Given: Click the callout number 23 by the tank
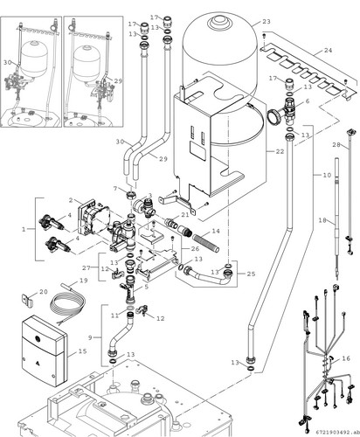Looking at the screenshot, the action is [x=267, y=22].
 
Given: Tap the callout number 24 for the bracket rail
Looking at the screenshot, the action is [x=328, y=51].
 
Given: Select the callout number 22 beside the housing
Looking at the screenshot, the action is [x=280, y=151].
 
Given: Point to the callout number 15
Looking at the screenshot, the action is [x=82, y=351].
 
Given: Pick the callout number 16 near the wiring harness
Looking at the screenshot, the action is [x=346, y=358].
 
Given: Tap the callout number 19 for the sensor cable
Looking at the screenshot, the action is [x=84, y=281].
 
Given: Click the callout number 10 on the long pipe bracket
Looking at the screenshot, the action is [x=327, y=176].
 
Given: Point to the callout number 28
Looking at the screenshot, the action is [x=336, y=145].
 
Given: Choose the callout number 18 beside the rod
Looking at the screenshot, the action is [x=322, y=220].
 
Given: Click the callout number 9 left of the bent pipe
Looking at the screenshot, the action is [x=90, y=337].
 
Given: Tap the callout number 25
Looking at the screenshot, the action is [x=251, y=274].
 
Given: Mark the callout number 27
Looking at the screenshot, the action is [x=87, y=267].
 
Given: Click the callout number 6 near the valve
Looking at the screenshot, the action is [x=308, y=101].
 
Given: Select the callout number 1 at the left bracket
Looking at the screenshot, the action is [x=24, y=229].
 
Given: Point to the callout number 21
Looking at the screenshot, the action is [x=185, y=215].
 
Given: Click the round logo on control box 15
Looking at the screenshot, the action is [x=38, y=339].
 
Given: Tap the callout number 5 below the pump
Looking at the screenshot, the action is [x=147, y=287].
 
